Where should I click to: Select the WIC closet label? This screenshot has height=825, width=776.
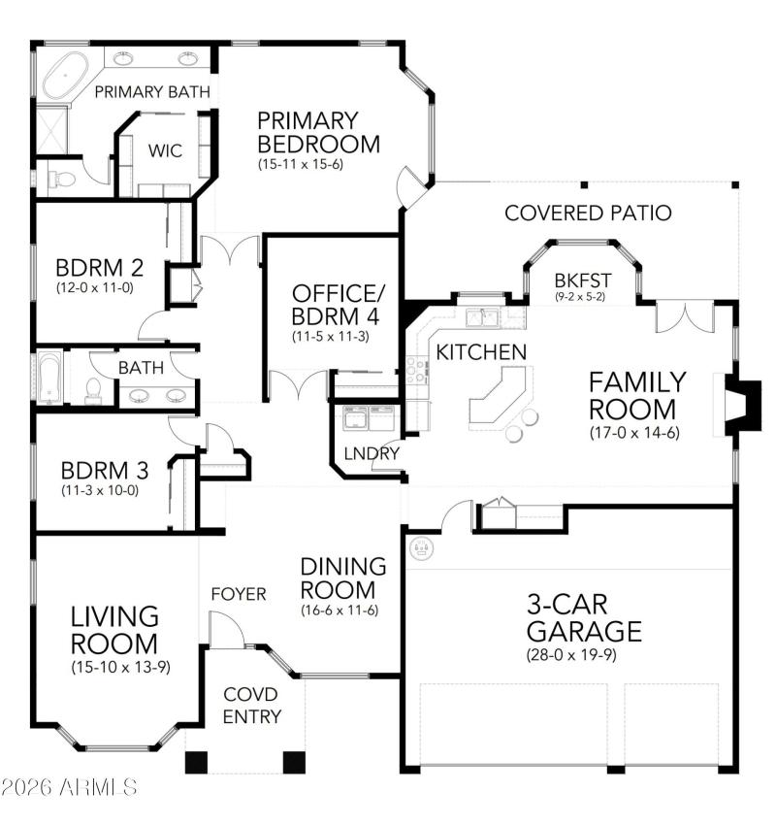165,151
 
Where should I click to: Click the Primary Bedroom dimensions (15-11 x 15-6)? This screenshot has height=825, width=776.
301,165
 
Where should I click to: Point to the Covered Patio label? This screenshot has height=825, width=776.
588,213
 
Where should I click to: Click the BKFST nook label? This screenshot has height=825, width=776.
581,279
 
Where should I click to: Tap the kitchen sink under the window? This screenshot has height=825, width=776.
481,316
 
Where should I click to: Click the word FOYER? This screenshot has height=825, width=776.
238,594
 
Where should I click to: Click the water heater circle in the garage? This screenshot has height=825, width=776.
421,549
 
